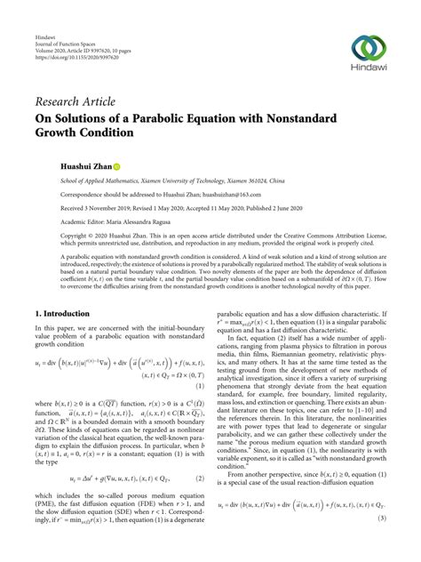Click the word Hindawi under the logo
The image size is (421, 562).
371,71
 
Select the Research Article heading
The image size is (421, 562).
77,105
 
